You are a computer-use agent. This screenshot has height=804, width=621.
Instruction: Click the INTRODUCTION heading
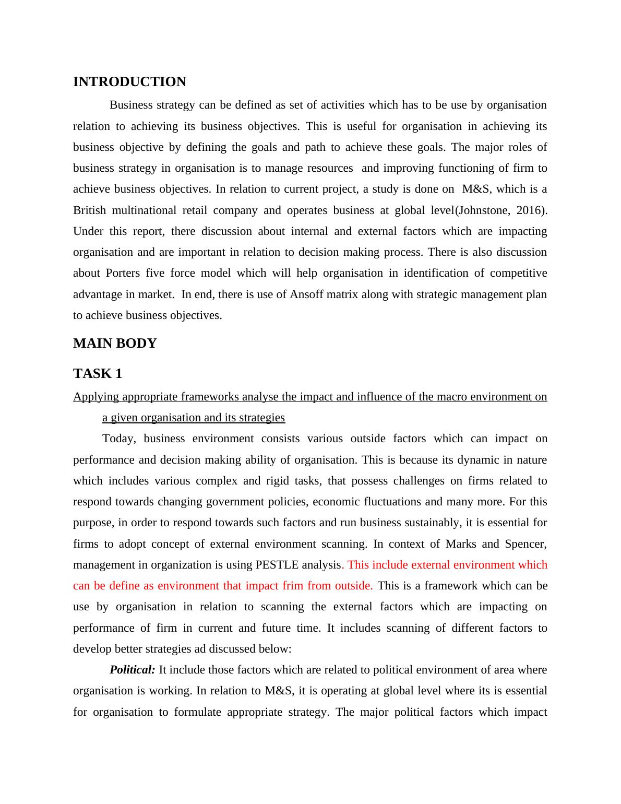tap(129, 82)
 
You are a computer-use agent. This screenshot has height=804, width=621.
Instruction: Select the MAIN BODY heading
tap(115, 344)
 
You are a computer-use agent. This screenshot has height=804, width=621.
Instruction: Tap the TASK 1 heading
tap(98, 374)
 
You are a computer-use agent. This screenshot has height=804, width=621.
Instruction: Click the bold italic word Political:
tap(133, 670)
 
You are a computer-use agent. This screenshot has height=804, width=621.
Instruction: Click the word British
tap(89, 210)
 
